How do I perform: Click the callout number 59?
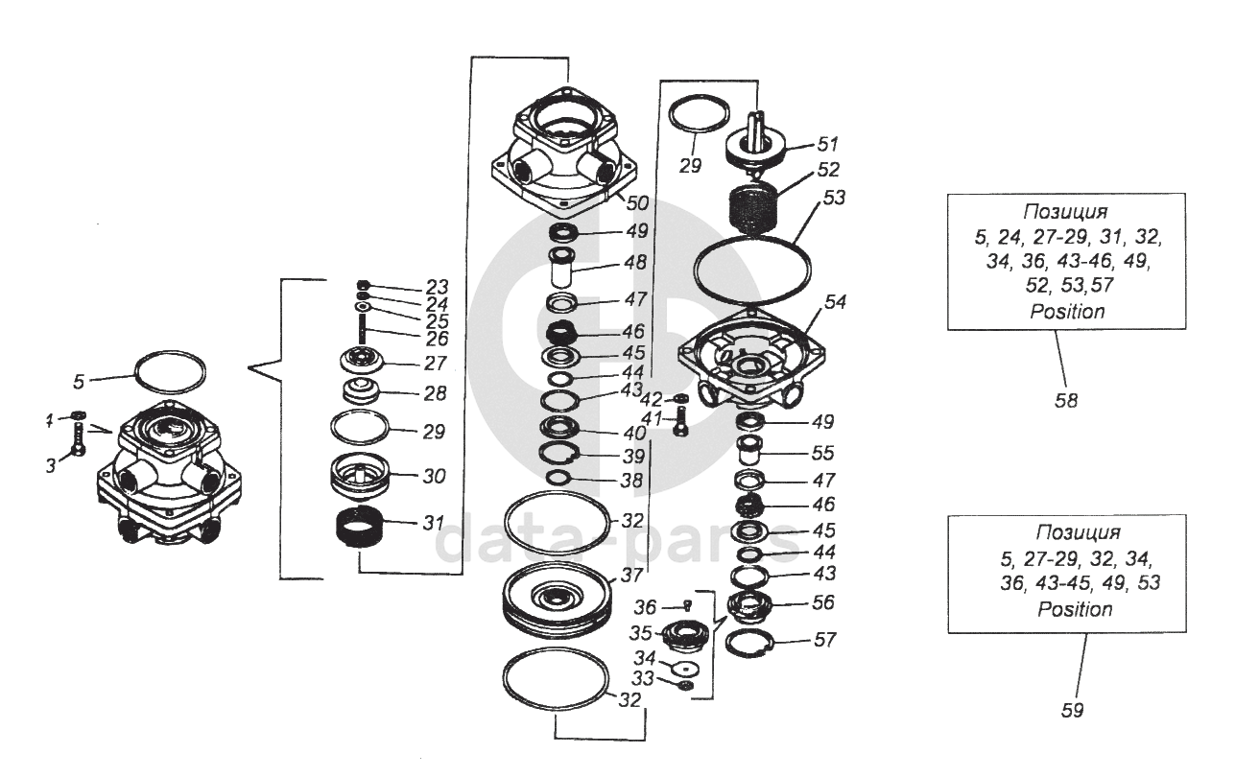coord(1073,711)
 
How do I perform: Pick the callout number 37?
coord(630,576)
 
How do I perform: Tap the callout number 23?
coord(437,286)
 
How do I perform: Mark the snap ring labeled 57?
coord(752,644)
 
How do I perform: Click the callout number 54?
coord(835,301)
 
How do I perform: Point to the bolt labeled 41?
coord(680,421)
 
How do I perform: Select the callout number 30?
coord(434,476)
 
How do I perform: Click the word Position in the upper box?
coord(1067,312)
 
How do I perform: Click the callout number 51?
coord(827,145)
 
